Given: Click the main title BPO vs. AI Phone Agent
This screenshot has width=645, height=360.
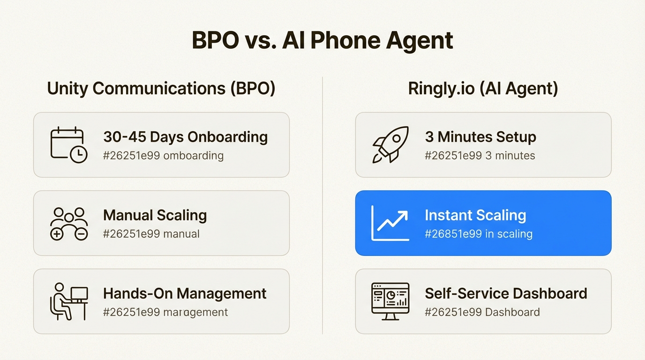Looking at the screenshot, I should point(322,41).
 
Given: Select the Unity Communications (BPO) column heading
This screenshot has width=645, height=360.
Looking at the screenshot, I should point(161,89).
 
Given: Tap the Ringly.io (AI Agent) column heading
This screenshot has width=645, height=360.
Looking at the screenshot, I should point(483,89).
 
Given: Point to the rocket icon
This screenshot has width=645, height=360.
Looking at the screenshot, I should point(390,144).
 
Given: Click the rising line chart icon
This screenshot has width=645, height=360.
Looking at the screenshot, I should point(390,223).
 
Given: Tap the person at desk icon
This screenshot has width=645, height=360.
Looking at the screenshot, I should point(68,301).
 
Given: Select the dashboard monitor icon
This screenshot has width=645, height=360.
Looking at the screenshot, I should point(390,301).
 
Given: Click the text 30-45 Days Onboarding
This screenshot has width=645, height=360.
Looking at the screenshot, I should point(185,137).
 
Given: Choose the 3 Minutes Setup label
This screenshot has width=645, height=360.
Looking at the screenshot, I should point(480,137).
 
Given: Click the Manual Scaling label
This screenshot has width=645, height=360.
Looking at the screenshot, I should point(155,216).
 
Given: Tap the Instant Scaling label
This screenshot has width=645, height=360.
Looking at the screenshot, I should point(475,216).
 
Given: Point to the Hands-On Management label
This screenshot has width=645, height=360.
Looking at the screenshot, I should point(185,294).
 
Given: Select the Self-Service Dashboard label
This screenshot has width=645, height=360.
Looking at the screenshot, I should point(506,294).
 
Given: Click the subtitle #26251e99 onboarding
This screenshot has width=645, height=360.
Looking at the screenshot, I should point(163,156).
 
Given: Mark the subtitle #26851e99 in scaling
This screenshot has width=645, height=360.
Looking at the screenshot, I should point(478,234).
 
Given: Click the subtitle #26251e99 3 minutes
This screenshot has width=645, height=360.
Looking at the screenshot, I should point(480,156).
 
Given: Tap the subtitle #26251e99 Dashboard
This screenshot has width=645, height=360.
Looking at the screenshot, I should point(482,312).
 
